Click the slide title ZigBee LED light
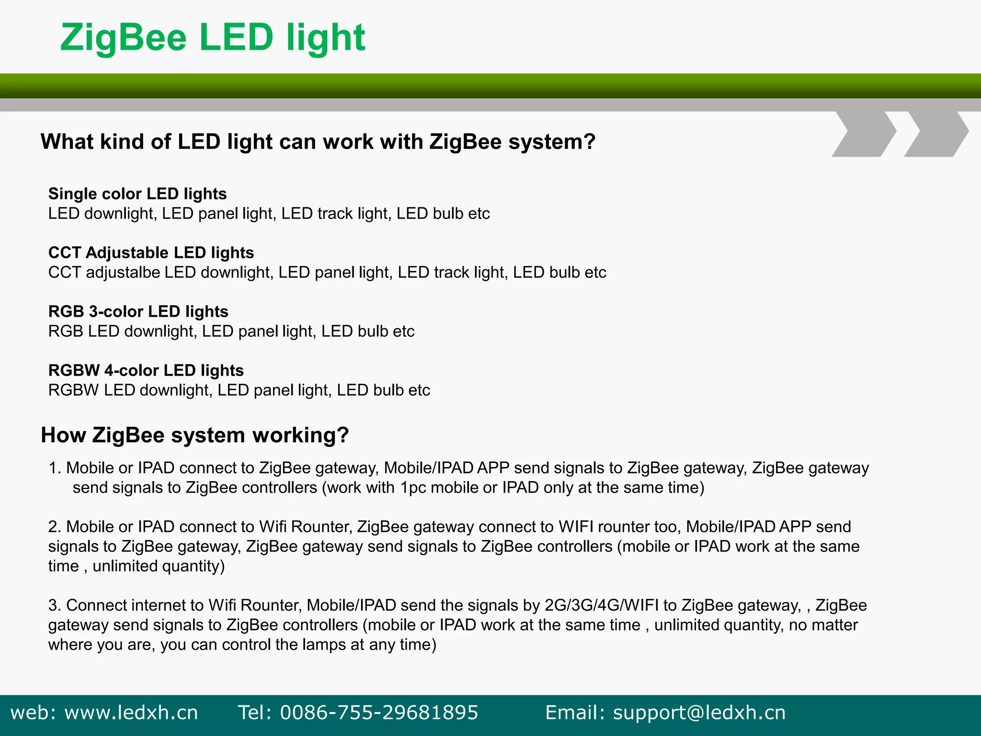point(213,38)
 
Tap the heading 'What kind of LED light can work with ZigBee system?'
point(318,142)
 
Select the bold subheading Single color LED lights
point(137,194)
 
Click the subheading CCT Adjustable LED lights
point(151,253)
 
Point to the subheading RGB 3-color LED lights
point(138,311)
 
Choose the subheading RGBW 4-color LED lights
point(146,370)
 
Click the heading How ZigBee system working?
point(194,435)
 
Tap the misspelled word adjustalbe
point(123,272)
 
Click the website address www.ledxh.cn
point(131,713)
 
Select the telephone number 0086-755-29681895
point(379,713)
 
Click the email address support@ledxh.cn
point(699,713)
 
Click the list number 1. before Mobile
point(55,468)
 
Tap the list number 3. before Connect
point(55,606)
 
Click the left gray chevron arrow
point(864,134)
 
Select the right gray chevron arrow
point(936,134)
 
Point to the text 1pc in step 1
point(413,488)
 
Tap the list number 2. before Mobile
point(55,527)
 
